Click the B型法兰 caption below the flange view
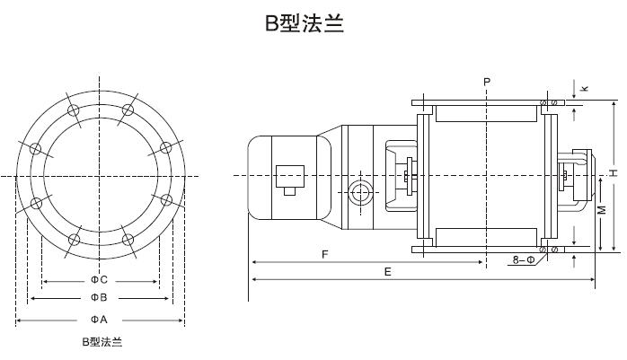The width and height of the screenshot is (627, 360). click(x=102, y=342)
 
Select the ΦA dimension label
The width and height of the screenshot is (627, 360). click(x=99, y=320)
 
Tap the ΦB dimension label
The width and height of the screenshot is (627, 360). click(x=99, y=297)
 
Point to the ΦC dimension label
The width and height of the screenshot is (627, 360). click(x=99, y=279)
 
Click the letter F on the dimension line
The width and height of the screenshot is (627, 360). click(x=324, y=255)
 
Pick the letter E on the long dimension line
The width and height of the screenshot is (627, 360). click(x=387, y=271)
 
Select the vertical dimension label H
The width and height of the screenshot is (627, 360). click(x=612, y=171)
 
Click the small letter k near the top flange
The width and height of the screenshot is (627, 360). click(x=584, y=88)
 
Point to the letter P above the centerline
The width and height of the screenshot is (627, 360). click(x=486, y=82)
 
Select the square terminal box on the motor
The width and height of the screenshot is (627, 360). click(x=289, y=177)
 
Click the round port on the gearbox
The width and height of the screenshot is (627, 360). click(x=361, y=192)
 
